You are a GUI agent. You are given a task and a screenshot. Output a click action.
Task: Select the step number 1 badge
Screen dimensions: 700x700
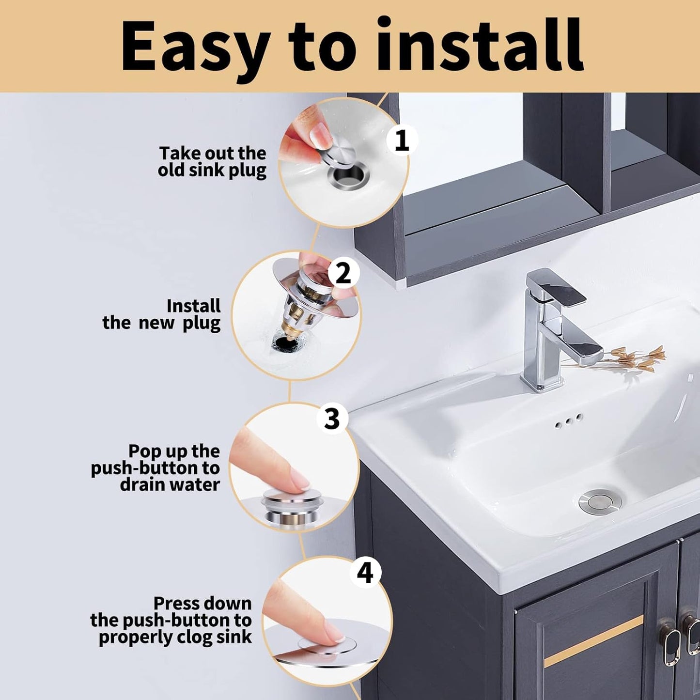pyautogui.click(x=402, y=141)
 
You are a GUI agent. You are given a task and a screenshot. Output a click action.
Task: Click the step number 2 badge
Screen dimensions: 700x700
pyautogui.click(x=343, y=273)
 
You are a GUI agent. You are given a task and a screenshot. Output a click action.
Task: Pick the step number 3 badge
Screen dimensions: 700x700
pyautogui.click(x=332, y=418)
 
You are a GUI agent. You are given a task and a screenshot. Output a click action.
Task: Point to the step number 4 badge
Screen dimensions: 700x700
pyautogui.click(x=365, y=573)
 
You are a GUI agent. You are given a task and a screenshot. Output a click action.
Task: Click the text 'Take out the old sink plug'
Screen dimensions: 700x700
pyautogui.click(x=212, y=162)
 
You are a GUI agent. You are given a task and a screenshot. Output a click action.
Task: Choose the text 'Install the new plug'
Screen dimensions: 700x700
pyautogui.click(x=162, y=314)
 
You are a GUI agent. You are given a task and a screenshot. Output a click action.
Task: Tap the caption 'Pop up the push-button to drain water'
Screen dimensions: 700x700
pyautogui.click(x=156, y=467)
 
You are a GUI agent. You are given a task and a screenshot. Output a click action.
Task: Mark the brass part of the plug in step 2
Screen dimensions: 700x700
pyautogui.click(x=288, y=322)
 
